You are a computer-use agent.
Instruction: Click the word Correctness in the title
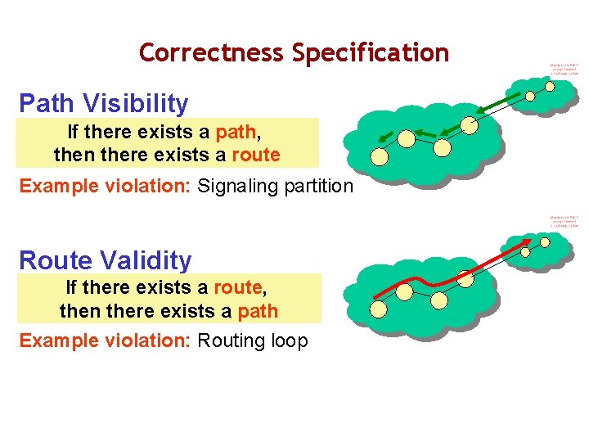212,52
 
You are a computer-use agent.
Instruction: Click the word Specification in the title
371,52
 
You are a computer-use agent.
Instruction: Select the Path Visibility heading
103,103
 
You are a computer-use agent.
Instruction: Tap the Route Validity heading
105,260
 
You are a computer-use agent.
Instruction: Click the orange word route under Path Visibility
256,154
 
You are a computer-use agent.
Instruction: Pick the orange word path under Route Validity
258,311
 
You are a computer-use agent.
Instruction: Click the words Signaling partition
276,186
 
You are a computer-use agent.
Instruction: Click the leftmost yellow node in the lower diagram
379,309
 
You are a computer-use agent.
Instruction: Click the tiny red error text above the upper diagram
564,69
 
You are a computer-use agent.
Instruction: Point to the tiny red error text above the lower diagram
564,221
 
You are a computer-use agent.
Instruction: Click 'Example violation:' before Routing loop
106,341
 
